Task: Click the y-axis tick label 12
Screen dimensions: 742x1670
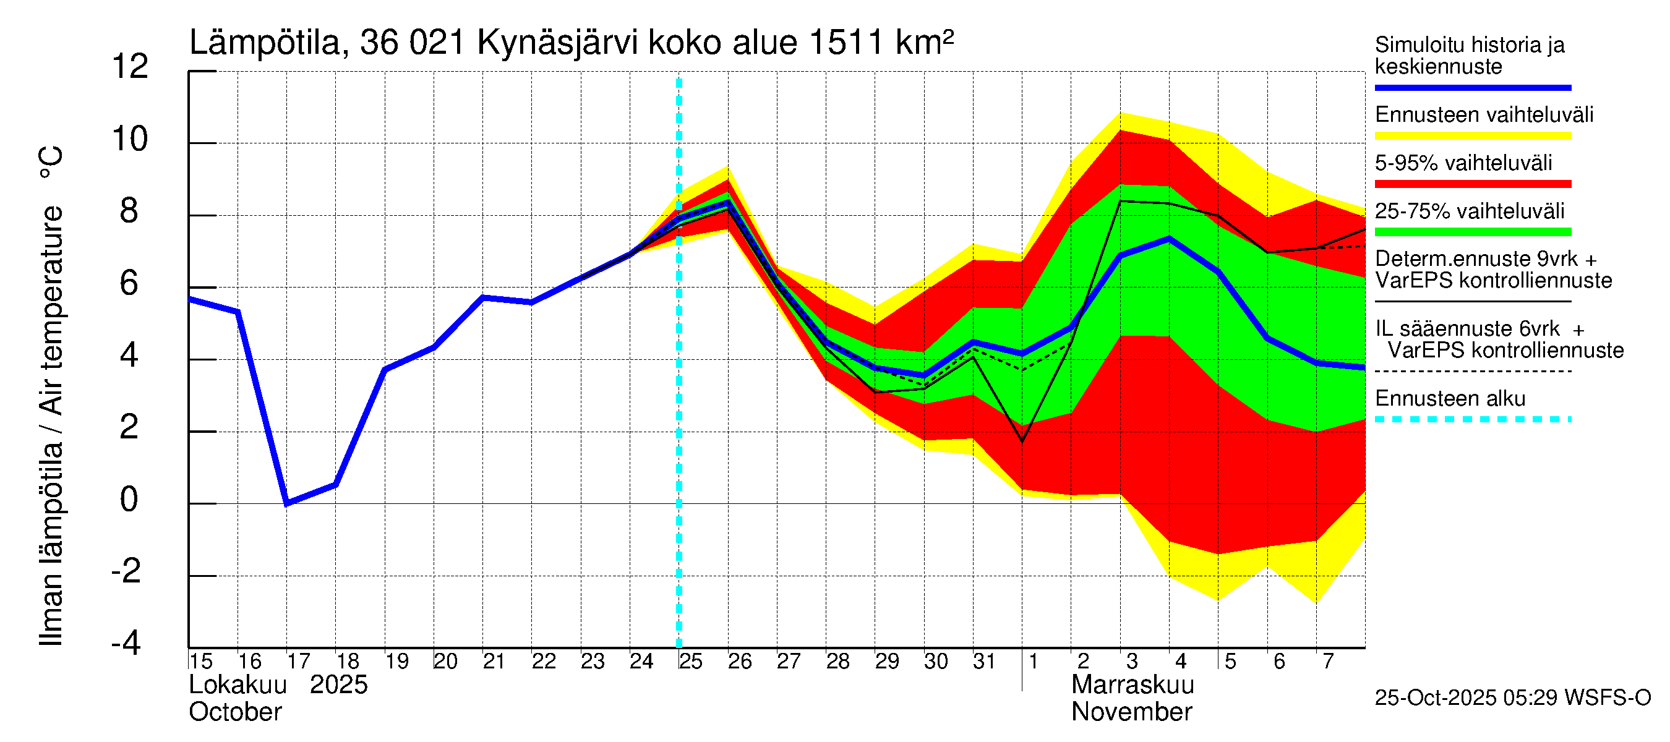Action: pyautogui.click(x=131, y=67)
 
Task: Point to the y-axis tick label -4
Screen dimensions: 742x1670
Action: pyautogui.click(x=126, y=643)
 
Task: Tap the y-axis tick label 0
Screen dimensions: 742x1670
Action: pyautogui.click(x=129, y=500)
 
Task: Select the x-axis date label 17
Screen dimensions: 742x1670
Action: pyautogui.click(x=298, y=662)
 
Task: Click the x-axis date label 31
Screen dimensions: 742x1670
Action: pyautogui.click(x=983, y=662)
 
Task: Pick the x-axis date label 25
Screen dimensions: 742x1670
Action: pyautogui.click(x=690, y=662)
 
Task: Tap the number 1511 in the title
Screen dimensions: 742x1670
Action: pyautogui.click(x=846, y=43)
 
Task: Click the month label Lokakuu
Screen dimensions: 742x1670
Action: pyautogui.click(x=238, y=685)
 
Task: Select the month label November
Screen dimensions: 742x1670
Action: pyautogui.click(x=1131, y=712)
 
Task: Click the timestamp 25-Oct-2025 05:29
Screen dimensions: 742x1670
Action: pyautogui.click(x=1467, y=698)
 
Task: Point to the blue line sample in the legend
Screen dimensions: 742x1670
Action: pyautogui.click(x=1472, y=87)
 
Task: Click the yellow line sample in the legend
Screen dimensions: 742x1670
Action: pyautogui.click(x=1472, y=136)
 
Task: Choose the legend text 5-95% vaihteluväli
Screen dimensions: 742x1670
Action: pyautogui.click(x=1463, y=163)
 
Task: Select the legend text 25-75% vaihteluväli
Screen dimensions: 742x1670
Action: pyautogui.click(x=1469, y=211)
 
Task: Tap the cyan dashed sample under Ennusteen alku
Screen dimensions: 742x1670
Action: pyautogui.click(x=1472, y=419)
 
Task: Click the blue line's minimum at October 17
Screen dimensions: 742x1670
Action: pyautogui.click(x=287, y=503)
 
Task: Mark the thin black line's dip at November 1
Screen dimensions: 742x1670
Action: pyautogui.click(x=1022, y=441)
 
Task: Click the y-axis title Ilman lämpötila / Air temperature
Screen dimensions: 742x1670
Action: pyautogui.click(x=51, y=395)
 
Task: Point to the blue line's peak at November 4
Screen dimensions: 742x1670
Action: pyautogui.click(x=1169, y=239)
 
